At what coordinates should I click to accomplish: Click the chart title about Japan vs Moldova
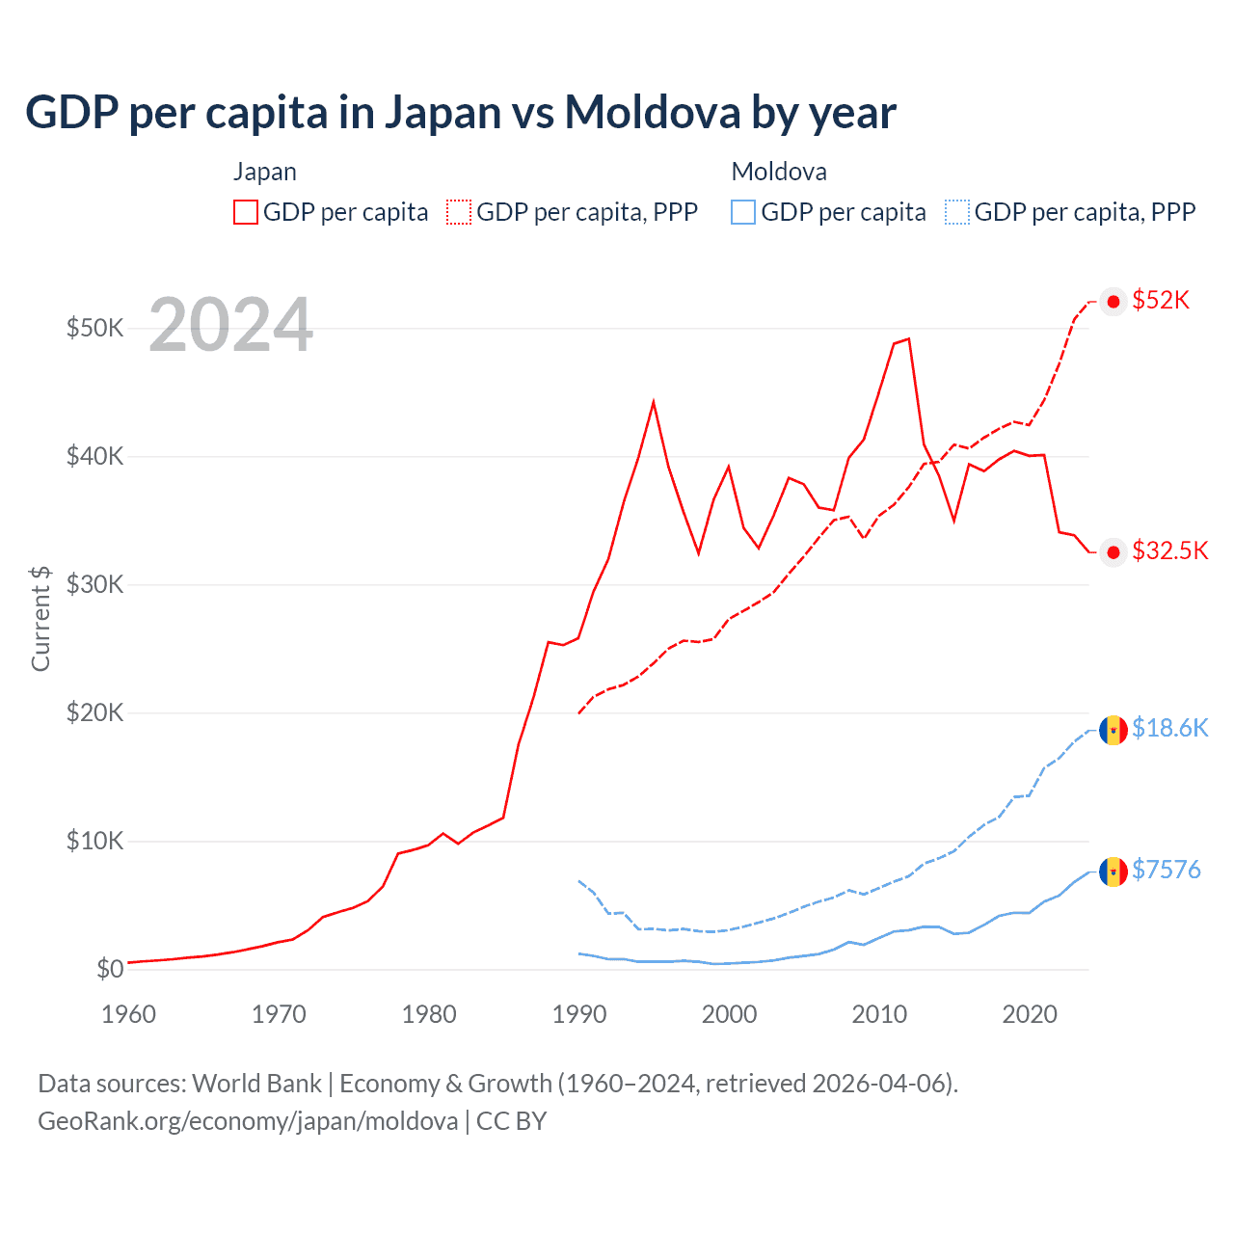pos(461,113)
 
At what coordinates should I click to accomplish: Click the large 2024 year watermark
pos(230,326)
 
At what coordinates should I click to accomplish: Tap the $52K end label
pos(1161,301)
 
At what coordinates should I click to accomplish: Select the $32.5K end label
pos(1169,550)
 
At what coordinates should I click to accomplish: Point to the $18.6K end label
pos(1169,728)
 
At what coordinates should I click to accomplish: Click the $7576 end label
pos(1166,870)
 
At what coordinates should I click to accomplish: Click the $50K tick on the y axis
pos(94,328)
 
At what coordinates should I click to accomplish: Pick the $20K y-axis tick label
pos(94,712)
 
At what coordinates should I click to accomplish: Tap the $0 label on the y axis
pos(110,969)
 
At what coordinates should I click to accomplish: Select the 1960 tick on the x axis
pos(128,1014)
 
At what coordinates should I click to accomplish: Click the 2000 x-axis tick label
pos(729,1014)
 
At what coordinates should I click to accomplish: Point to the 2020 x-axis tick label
pos(1030,1014)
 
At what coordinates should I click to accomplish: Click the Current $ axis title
pos(40,618)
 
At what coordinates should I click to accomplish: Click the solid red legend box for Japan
pos(246,212)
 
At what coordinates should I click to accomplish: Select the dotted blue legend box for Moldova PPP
pos(957,212)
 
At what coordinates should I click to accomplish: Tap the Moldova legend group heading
pos(779,172)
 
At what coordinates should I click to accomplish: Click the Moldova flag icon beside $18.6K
pos(1113,730)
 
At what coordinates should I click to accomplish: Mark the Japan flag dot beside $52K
pos(1113,302)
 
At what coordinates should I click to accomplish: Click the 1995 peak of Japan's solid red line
pos(654,401)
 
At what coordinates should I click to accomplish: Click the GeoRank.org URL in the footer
pos(248,1121)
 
